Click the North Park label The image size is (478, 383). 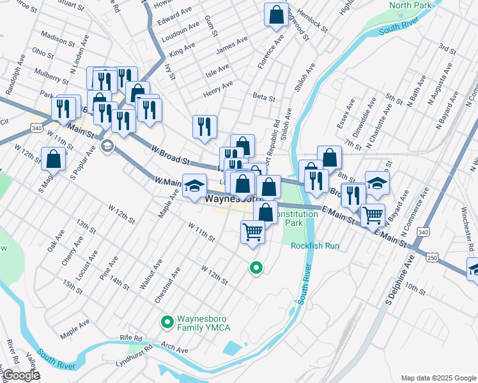[x=411, y=6]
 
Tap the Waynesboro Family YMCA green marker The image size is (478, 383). [x=167, y=322]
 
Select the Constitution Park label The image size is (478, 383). [x=302, y=218]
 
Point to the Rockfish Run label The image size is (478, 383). [x=314, y=246]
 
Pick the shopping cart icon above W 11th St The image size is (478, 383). [x=253, y=232]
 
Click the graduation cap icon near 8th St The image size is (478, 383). [x=377, y=182]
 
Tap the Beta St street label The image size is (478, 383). [x=263, y=98]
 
